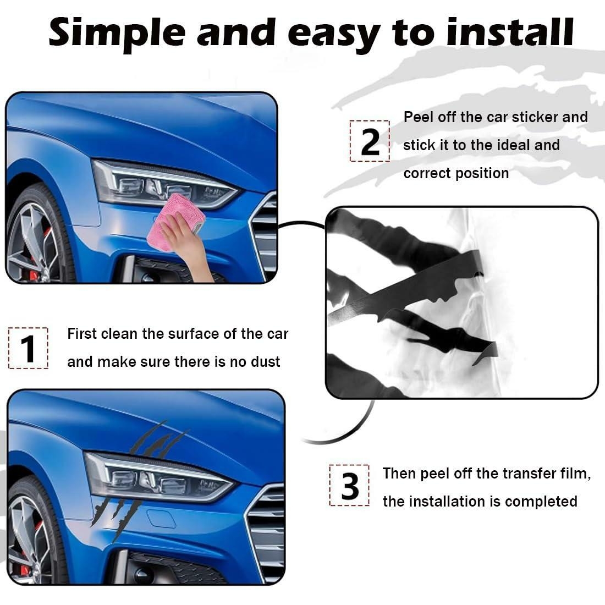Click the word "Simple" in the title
(x=117, y=33)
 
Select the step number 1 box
(x=28, y=348)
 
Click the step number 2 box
(x=370, y=141)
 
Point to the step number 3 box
(x=349, y=486)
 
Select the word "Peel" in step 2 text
(x=419, y=117)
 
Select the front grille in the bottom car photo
(x=267, y=528)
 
